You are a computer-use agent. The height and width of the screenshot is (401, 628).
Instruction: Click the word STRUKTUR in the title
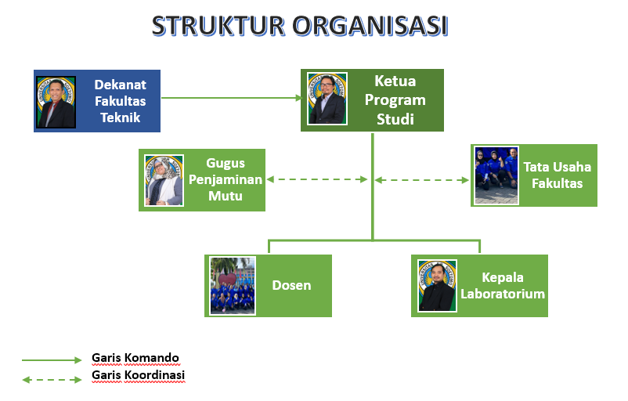218,26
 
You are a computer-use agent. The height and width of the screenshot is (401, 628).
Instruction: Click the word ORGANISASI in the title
370,26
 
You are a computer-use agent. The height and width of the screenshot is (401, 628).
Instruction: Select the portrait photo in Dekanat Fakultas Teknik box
56,102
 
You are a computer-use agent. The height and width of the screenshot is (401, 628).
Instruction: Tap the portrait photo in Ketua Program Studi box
327,99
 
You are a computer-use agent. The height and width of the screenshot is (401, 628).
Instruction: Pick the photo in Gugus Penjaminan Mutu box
164,180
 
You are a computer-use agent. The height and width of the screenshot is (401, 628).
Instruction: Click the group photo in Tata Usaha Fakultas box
496,175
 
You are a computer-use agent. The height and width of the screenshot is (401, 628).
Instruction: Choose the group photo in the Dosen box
233,286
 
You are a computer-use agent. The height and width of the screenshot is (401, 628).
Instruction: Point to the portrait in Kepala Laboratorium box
437,286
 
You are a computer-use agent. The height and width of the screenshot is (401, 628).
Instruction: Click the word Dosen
291,285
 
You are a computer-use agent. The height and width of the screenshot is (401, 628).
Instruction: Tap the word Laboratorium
503,294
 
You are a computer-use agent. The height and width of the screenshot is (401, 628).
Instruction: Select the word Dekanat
120,85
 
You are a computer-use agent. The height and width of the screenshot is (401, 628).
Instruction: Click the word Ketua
395,81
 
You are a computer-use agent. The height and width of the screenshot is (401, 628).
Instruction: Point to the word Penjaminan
226,179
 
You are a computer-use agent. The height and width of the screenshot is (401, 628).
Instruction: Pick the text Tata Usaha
557,167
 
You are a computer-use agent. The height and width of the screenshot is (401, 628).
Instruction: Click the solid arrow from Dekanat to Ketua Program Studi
231,98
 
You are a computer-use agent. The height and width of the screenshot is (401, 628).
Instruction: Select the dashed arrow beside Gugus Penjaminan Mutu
317,179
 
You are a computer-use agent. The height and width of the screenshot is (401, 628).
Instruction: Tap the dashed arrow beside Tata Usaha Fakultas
422,180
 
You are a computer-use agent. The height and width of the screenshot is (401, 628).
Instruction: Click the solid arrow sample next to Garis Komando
52,360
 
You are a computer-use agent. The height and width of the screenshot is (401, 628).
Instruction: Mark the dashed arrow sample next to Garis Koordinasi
52,380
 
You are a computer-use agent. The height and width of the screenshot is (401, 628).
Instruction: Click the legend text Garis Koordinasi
138,375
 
